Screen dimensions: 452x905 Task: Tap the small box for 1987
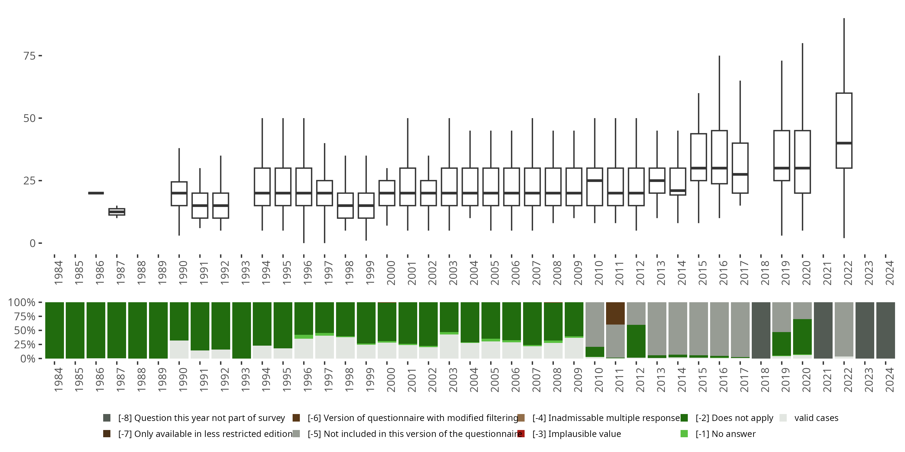click(117, 212)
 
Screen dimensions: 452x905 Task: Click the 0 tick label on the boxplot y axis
click(33, 243)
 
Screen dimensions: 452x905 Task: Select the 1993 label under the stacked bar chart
click(246, 379)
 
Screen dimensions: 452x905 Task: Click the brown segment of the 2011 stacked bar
click(615, 313)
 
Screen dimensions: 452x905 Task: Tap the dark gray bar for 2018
click(761, 330)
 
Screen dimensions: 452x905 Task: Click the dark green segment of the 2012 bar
click(636, 341)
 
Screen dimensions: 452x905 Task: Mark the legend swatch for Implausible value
click(521, 434)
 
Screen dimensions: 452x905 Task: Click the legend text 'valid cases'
click(816, 418)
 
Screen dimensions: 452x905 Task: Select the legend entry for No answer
click(725, 434)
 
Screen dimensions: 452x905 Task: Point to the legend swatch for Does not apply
click(684, 418)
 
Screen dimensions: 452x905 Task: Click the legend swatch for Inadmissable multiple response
click(521, 418)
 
